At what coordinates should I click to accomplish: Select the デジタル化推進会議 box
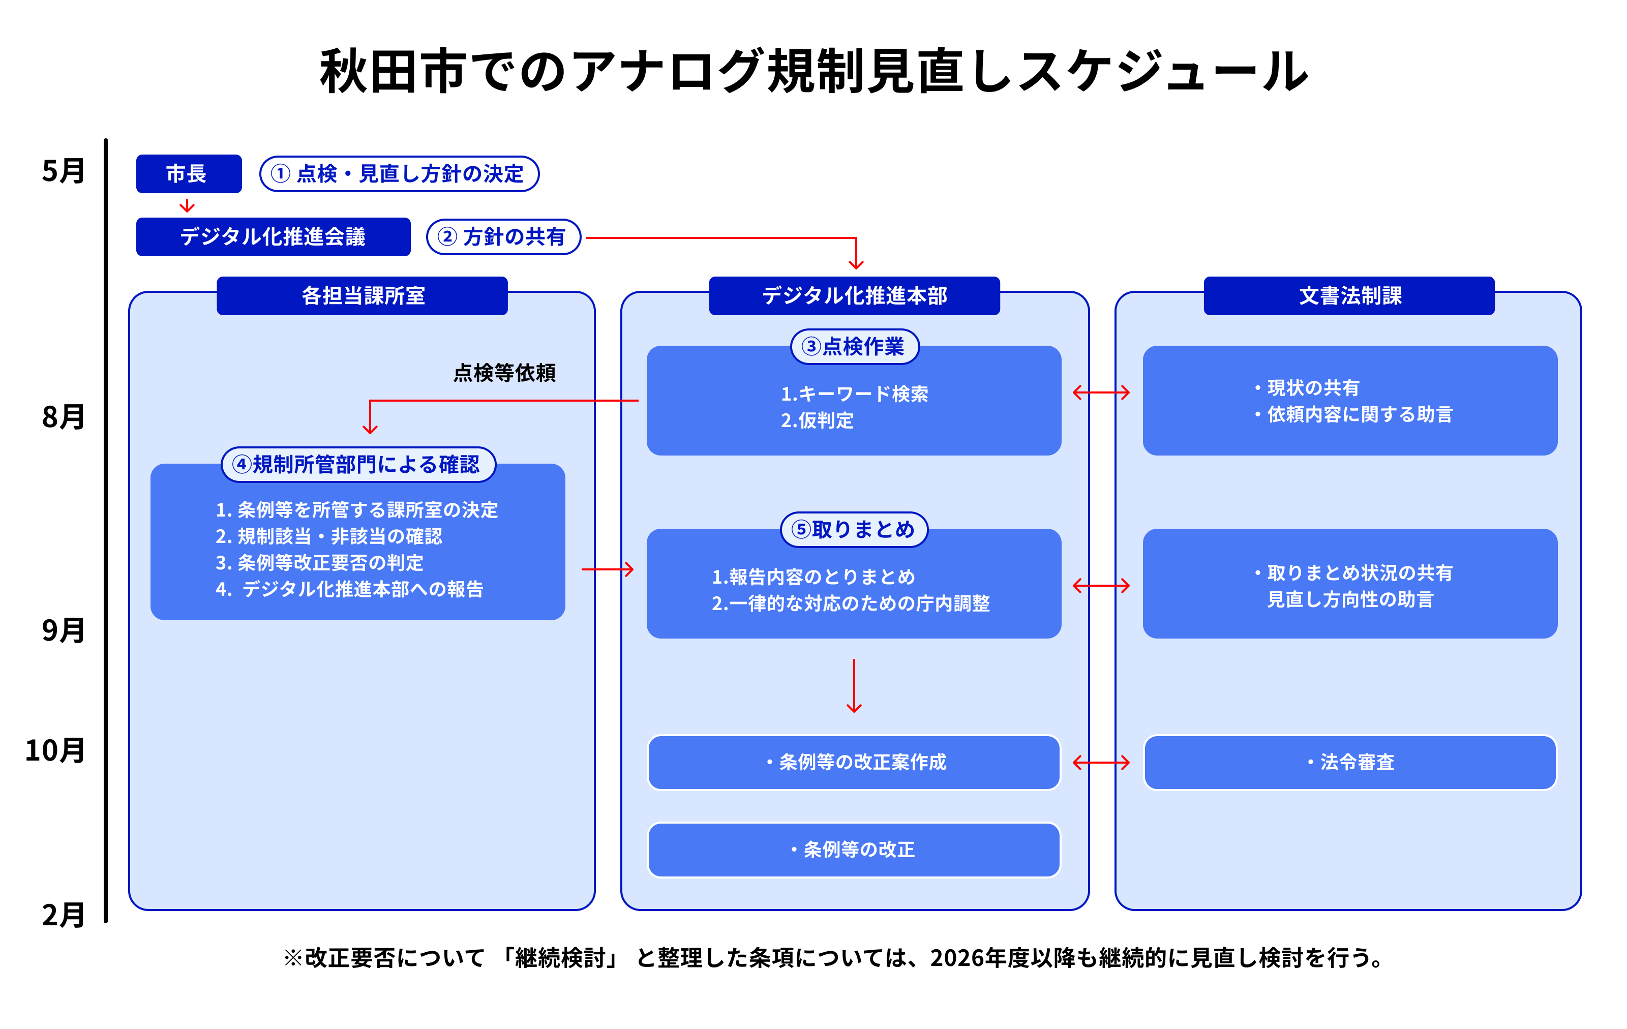coord(273,236)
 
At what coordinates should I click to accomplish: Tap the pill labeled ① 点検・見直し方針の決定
coord(399,174)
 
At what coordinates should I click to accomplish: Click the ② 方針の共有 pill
coord(503,236)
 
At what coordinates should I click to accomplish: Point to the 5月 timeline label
coord(63,170)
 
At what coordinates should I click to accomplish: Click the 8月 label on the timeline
coord(63,416)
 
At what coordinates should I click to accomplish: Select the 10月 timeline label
coord(55,750)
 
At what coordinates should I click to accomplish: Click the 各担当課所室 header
coord(362,295)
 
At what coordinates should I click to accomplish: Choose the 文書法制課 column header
coord(1348,295)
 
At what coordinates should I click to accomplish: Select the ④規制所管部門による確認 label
coord(358,464)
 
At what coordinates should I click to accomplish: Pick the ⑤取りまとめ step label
coord(854,529)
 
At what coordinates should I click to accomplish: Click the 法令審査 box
coord(1349,762)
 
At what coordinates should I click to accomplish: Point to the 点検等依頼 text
coord(504,372)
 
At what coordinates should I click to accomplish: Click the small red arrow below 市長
coord(187,205)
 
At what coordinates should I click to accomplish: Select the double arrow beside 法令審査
coord(1101,762)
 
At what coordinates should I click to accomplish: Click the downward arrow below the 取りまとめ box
coord(854,686)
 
